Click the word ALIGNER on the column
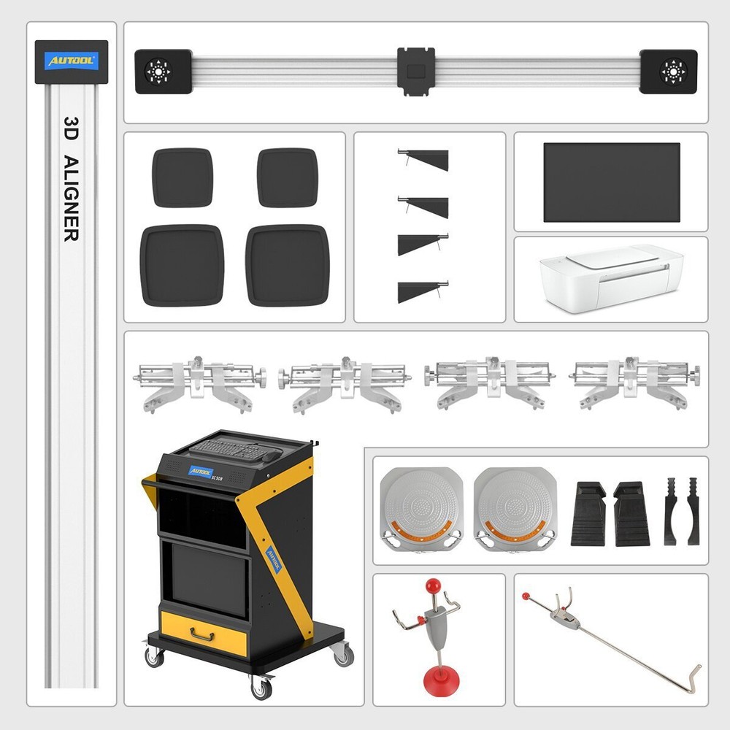71,198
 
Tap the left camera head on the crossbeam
162,72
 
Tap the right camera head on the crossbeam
669,72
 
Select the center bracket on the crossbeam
416,72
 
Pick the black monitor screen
611,182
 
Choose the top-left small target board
182,178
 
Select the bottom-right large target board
288,265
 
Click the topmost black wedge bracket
426,160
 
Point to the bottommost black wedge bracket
421,292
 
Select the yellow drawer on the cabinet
204,632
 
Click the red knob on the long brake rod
526,596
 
